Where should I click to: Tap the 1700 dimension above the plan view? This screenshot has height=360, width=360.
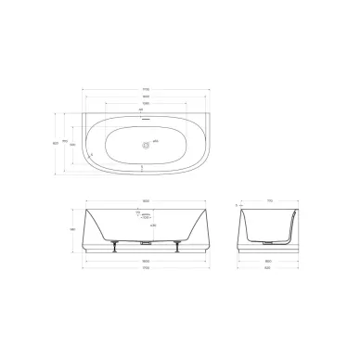tap(145, 89)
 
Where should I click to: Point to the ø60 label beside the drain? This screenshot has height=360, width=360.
tap(155, 141)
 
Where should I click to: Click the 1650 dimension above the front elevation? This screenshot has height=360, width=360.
tap(144, 200)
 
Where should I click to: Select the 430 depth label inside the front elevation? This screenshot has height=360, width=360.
tap(153, 225)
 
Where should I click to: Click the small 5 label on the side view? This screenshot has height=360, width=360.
tap(238, 204)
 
